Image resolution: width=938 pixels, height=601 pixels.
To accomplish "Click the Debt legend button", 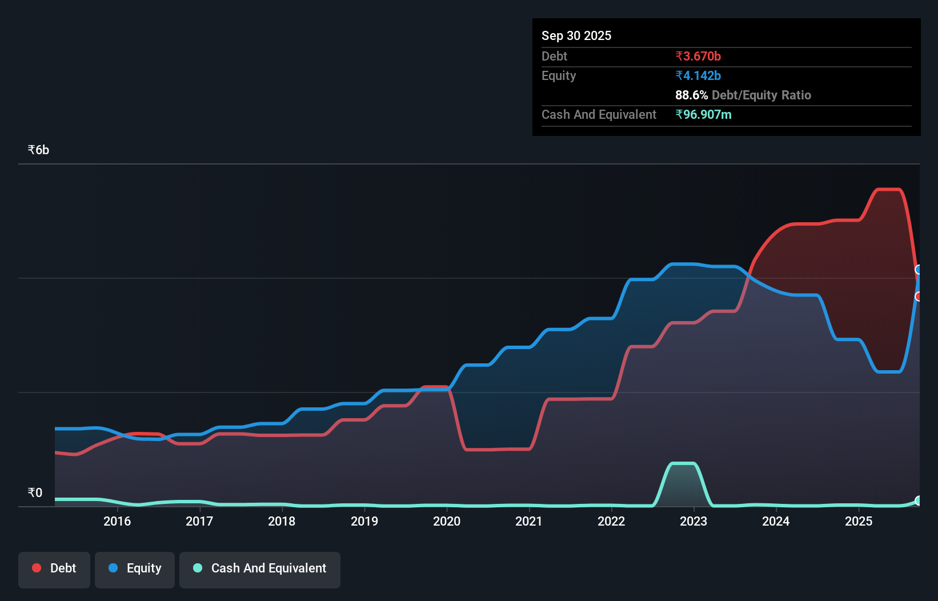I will (x=54, y=568).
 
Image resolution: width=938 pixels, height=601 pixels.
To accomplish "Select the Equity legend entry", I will (x=135, y=568).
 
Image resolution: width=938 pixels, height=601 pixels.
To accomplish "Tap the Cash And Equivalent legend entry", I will (x=260, y=568).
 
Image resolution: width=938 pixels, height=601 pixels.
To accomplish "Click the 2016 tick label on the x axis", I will (x=117, y=521).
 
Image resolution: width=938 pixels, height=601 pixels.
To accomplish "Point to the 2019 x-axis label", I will (x=364, y=521).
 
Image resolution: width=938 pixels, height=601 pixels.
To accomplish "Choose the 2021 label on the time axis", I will (x=529, y=521).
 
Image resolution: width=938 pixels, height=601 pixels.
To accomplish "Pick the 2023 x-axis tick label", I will (x=694, y=521).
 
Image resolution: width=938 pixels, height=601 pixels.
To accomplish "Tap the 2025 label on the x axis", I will (x=859, y=521).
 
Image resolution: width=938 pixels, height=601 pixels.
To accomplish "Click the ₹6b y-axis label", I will (x=39, y=150).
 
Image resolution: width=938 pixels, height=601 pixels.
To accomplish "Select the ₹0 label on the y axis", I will (x=35, y=493).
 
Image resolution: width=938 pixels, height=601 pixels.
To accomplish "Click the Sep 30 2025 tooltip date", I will (x=576, y=36).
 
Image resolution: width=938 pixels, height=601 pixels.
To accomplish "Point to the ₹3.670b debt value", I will (x=698, y=57).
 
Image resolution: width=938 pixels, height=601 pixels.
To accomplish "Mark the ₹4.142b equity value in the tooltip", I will (x=698, y=76).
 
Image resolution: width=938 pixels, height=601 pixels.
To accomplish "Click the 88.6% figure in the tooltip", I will (x=691, y=95).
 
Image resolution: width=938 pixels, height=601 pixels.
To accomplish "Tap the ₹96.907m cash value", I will (x=703, y=115).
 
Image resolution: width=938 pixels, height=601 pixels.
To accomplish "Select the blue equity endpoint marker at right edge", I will (x=919, y=270).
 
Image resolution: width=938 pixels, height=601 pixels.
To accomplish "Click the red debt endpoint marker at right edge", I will (x=919, y=297).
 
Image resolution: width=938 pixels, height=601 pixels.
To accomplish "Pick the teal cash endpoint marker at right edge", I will (x=919, y=500).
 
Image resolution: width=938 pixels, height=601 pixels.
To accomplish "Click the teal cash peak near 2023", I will (x=683, y=463).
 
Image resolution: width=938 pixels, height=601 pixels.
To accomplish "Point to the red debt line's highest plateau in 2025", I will (x=888, y=189).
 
